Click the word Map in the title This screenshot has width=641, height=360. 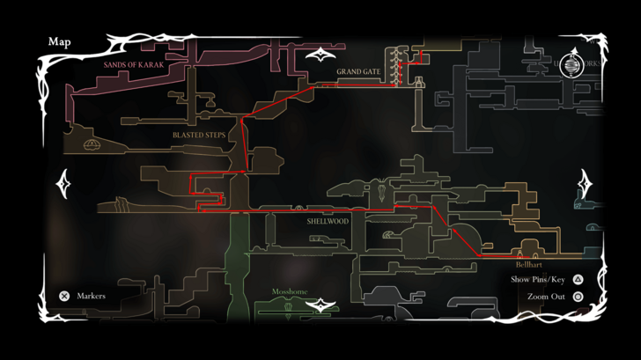tap(60, 41)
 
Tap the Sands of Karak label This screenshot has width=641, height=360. tap(134, 65)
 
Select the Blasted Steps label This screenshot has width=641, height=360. tap(199, 135)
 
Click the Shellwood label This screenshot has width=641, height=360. tap(328, 221)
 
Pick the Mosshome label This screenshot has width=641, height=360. tap(290, 291)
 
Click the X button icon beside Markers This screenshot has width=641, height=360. tap(64, 297)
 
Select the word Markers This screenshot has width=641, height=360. tap(92, 297)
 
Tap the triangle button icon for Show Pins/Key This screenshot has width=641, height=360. tap(578, 280)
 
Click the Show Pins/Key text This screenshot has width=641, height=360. tap(538, 280)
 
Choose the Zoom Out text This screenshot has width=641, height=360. tap(546, 297)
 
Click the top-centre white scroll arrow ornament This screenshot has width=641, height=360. tap(320, 57)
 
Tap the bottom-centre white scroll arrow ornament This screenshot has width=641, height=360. tap(320, 306)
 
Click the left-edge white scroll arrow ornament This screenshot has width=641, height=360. tap(63, 184)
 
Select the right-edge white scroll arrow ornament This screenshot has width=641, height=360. tap(585, 184)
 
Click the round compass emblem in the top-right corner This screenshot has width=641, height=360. tap(572, 65)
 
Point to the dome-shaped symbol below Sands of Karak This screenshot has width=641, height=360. tap(91, 143)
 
